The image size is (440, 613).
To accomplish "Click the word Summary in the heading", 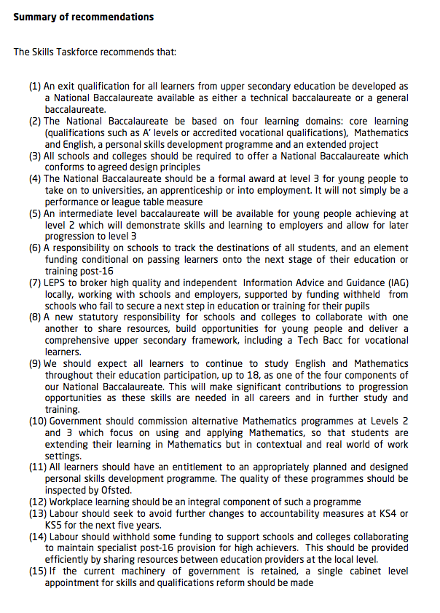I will (x=33, y=16).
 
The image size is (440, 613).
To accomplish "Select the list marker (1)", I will (x=35, y=87).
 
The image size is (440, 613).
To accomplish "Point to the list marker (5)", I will (x=35, y=213).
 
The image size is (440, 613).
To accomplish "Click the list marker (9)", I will (x=35, y=363).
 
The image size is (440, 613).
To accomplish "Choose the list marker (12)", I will (x=38, y=502).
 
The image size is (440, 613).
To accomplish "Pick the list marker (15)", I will (x=38, y=571).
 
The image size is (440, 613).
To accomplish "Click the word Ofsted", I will (x=115, y=490).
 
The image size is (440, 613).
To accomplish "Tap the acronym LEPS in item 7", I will (x=58, y=282).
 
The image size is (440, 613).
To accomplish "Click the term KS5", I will (x=55, y=525).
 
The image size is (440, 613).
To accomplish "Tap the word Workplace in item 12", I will (x=72, y=502).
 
